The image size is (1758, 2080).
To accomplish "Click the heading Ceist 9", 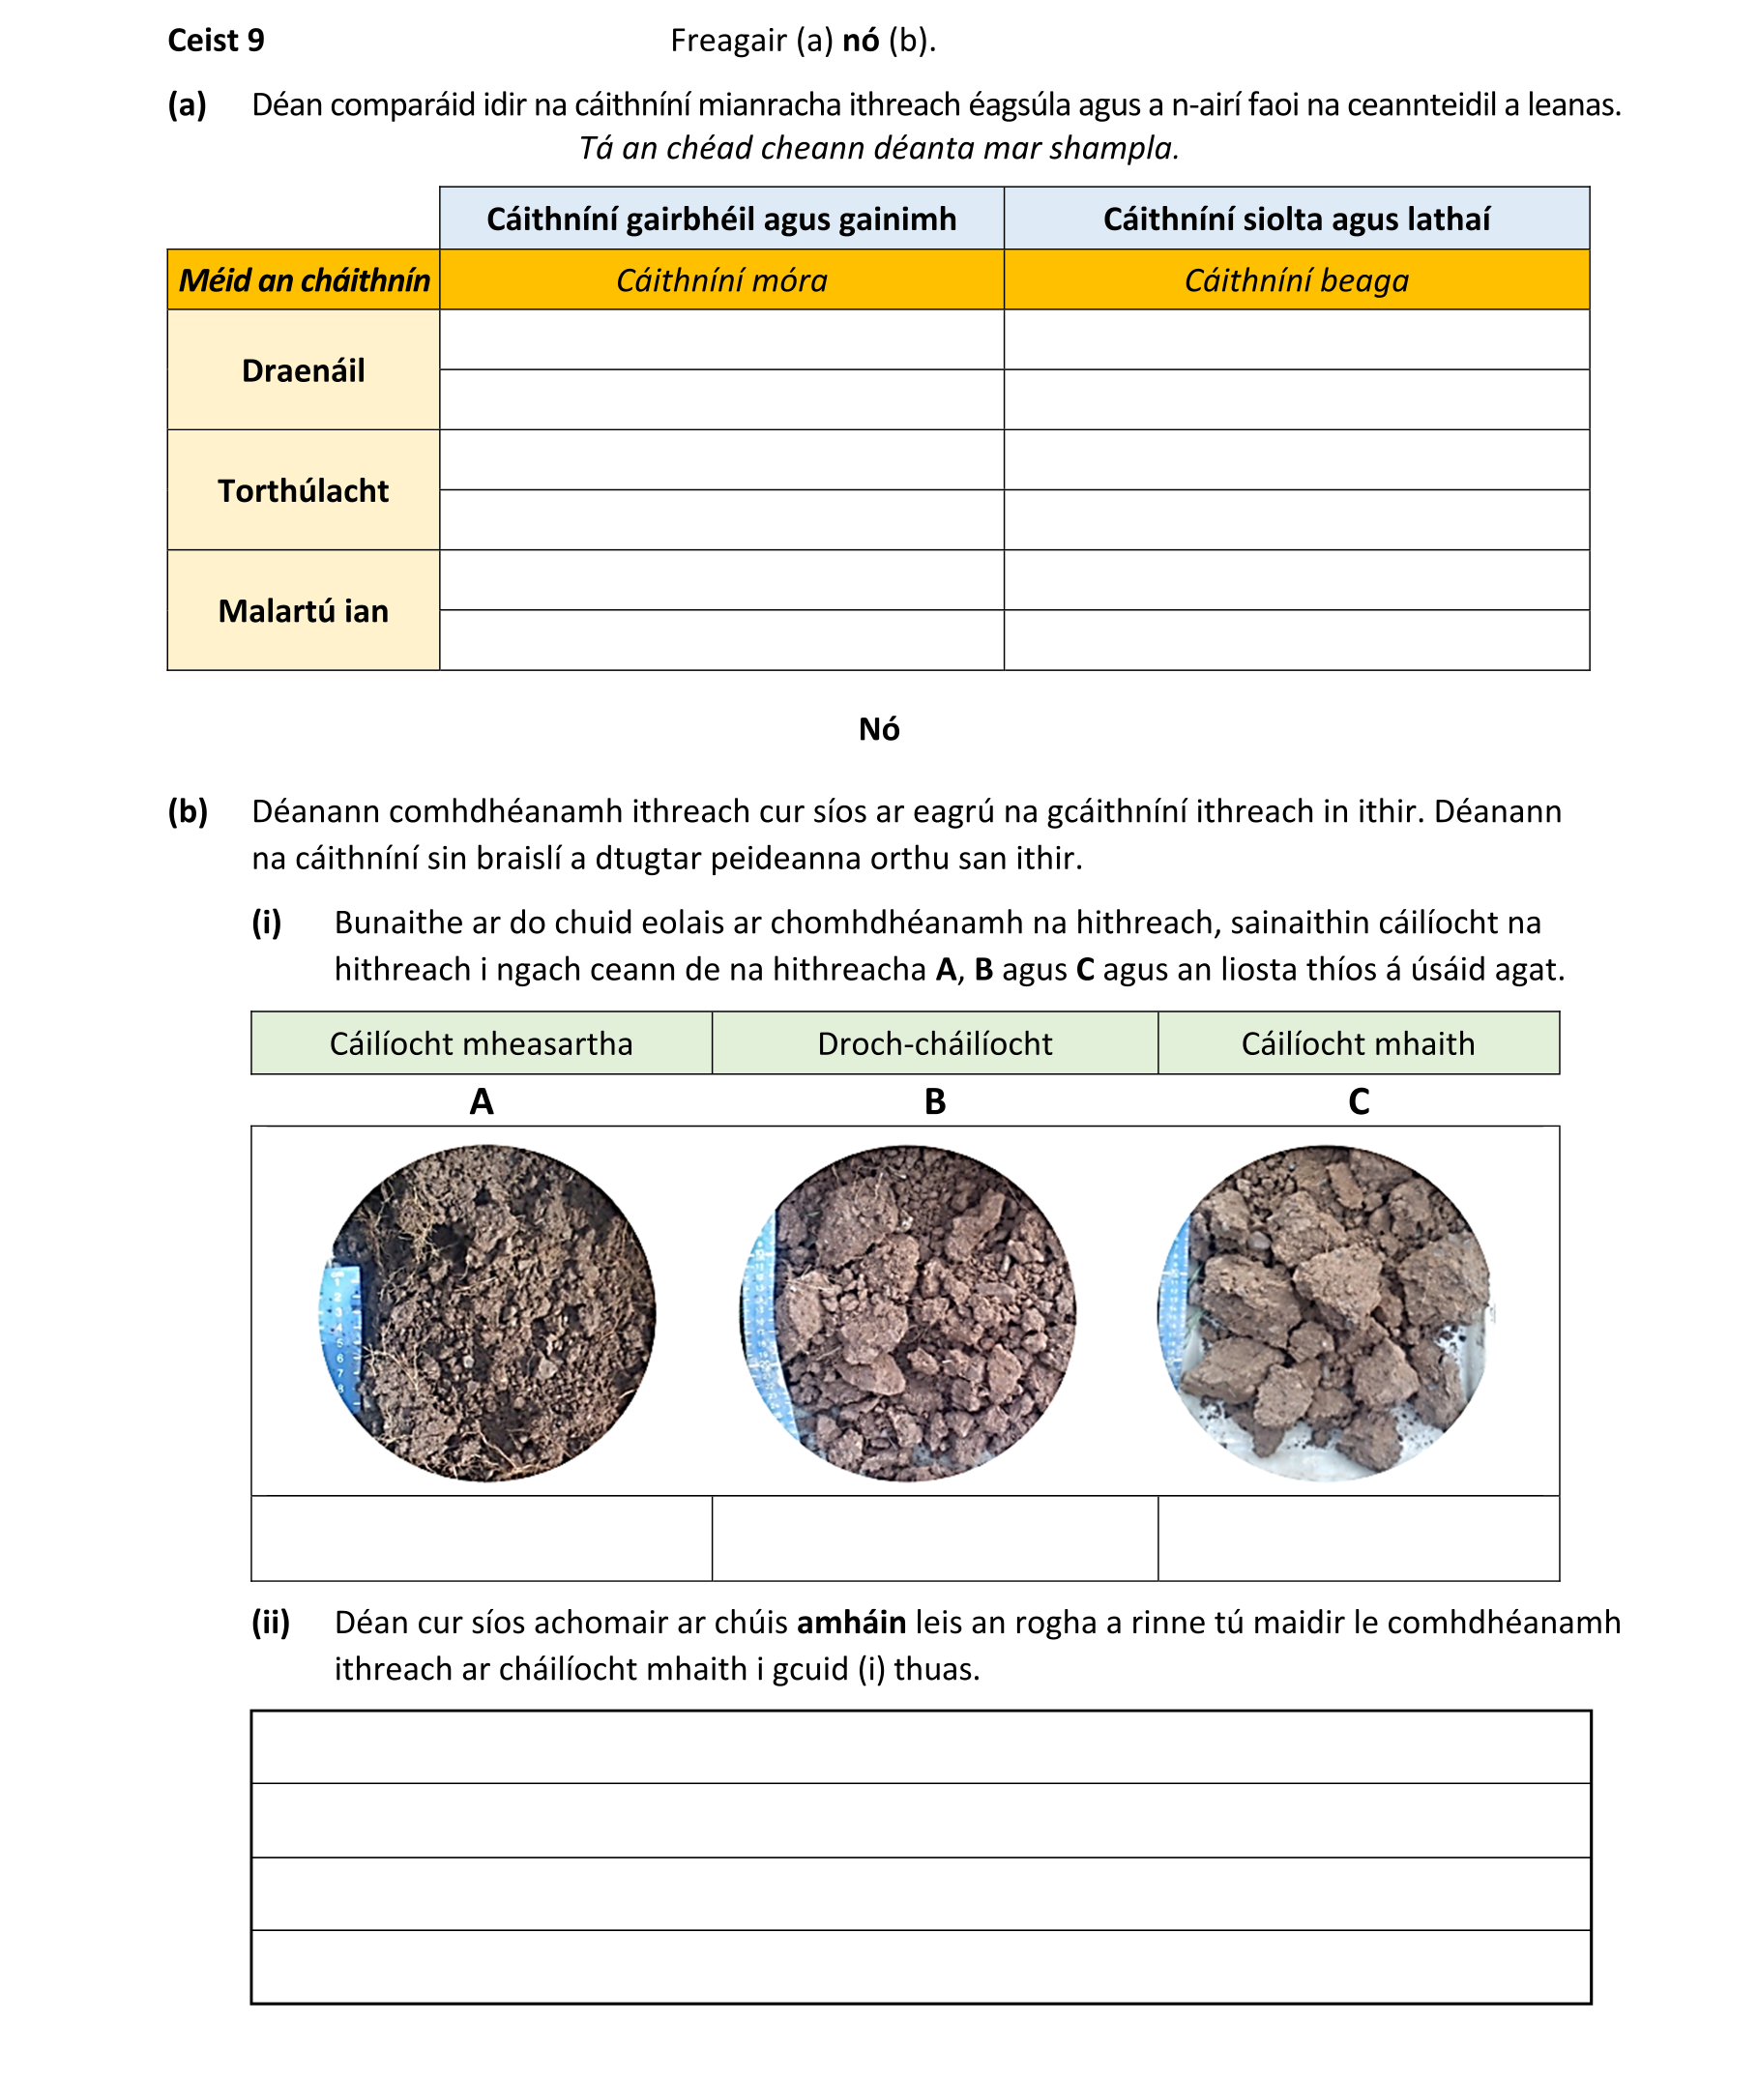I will pos(216,41).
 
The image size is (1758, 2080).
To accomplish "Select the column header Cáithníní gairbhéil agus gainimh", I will pos(720,220).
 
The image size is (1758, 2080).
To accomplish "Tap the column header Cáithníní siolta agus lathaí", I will pos(1296,220).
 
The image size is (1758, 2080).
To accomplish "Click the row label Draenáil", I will pos(303,370).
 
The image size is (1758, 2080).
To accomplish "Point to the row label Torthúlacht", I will pos(303,491).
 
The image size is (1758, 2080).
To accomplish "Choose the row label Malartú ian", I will pos(303,611).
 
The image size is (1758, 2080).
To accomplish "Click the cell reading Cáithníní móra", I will pos(720,281).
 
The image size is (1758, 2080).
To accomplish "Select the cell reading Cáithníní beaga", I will pos(1296,281).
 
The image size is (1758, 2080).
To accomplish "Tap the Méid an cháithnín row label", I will pos(303,281).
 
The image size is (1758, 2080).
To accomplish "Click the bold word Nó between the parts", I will pos(878,729).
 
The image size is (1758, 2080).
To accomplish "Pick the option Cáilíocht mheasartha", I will pos(481,1043).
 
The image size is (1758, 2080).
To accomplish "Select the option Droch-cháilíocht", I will pos(934,1043).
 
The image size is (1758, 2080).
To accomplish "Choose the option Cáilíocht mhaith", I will pos(1358,1043).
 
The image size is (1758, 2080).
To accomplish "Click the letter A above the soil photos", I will pos(482,1101).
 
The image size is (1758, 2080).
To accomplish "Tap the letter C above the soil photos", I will pos(1359,1101).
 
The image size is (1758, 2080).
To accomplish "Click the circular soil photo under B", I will pos(909,1312).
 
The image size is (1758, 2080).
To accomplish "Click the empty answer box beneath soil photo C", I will pos(1358,1538).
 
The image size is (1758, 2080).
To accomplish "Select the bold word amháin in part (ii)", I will pos(851,1623).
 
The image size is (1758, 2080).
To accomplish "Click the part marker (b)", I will pos(188,812).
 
